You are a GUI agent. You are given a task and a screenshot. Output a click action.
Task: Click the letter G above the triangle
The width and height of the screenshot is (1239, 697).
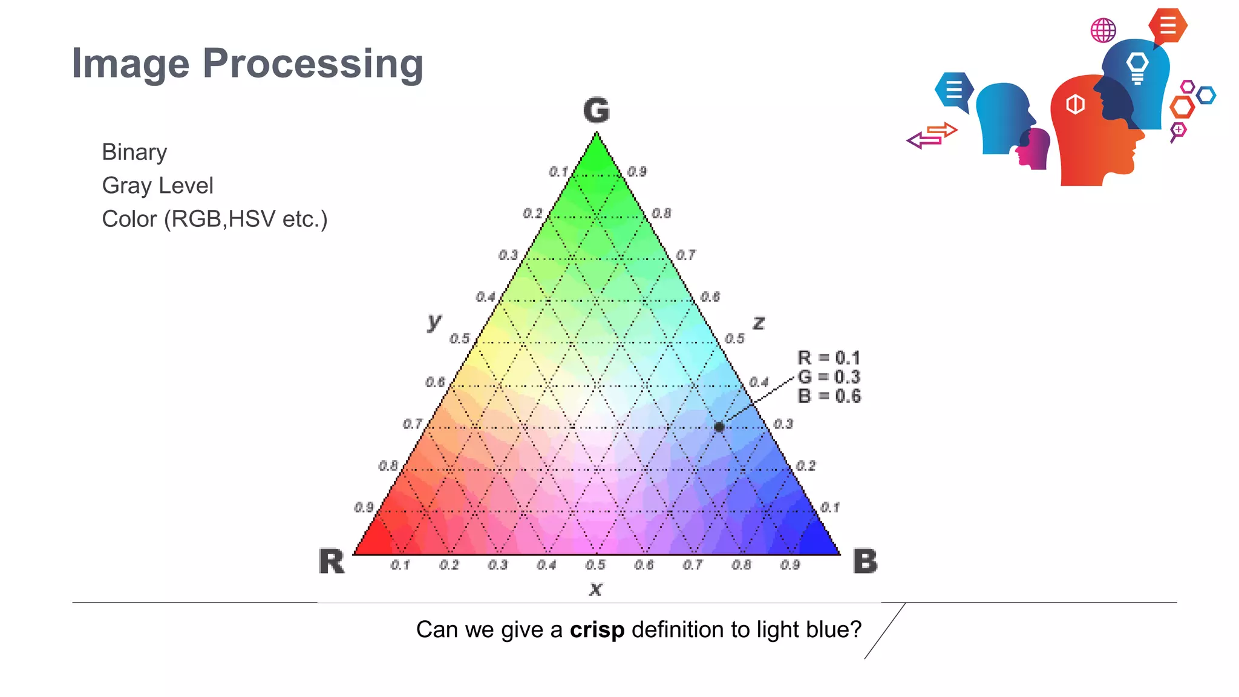click(597, 111)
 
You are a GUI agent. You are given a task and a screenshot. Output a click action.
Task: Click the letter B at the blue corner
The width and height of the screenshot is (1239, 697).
click(865, 561)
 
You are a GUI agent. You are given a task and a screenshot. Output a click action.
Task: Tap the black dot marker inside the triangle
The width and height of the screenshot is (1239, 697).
click(719, 427)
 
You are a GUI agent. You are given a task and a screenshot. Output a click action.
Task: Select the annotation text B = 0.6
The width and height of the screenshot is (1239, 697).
click(829, 396)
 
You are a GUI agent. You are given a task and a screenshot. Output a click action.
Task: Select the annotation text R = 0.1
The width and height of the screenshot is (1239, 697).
click(829, 358)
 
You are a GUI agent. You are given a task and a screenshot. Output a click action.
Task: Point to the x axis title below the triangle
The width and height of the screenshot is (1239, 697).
click(596, 588)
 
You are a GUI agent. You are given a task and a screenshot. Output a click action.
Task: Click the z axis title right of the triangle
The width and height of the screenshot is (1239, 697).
click(759, 322)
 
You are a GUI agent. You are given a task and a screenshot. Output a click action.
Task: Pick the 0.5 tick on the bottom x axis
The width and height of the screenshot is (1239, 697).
click(595, 565)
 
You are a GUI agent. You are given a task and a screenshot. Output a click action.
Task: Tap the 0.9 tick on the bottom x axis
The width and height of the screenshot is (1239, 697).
click(789, 565)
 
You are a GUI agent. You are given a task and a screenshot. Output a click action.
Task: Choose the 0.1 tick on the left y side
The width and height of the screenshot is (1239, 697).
click(558, 172)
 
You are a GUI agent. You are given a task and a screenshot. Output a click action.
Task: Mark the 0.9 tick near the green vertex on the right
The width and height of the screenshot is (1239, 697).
click(636, 172)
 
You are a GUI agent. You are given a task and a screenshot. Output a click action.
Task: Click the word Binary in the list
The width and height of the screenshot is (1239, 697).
click(134, 152)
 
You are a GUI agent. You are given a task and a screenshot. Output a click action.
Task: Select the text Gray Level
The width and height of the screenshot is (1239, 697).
click(157, 186)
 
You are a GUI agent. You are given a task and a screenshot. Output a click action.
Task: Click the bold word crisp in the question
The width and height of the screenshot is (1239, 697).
click(597, 630)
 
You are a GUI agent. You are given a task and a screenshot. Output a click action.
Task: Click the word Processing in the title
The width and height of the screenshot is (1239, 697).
click(313, 63)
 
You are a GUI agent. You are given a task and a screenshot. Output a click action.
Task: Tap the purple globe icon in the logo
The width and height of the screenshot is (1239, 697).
click(1103, 30)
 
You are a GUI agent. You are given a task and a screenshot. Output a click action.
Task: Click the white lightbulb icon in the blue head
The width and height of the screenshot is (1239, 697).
click(1137, 67)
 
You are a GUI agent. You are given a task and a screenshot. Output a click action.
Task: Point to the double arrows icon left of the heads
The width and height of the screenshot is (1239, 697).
click(932, 136)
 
